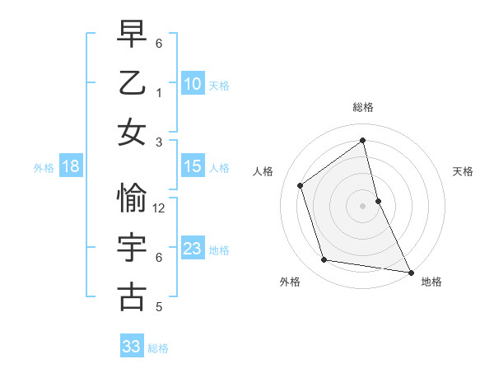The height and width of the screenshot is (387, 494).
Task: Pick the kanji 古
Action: coord(133,297)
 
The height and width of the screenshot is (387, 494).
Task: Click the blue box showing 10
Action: coord(193,83)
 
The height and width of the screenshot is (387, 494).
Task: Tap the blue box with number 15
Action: coord(193,166)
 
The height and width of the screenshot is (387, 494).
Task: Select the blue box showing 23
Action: coord(193,249)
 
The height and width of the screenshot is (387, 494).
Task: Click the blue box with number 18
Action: coord(71,166)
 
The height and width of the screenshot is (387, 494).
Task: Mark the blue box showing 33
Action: coord(132,347)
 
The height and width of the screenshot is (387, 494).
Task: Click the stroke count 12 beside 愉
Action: coord(160,208)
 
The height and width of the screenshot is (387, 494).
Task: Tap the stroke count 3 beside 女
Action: coord(159,142)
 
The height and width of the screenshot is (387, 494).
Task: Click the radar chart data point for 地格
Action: coord(410,272)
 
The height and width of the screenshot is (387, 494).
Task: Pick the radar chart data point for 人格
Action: coord(301,185)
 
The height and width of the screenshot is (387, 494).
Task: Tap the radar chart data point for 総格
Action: coord(363,140)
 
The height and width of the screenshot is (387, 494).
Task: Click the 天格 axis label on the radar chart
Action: coord(463,171)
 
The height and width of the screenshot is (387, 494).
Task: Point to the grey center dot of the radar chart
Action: coord(363,205)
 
